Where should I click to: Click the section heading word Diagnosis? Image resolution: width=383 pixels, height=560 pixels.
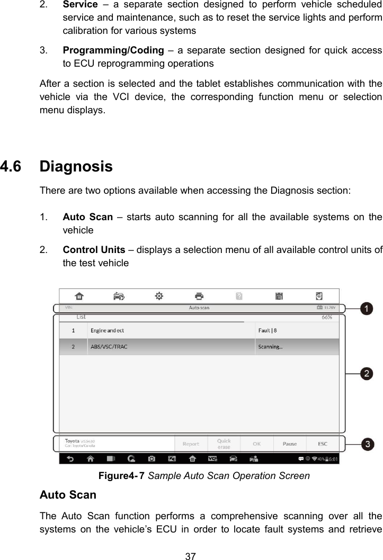point(76,167)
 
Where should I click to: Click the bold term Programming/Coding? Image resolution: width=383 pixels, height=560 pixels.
point(113,51)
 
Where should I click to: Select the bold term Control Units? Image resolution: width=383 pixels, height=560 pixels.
point(94,250)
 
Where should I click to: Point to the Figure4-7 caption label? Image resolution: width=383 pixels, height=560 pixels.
point(122,476)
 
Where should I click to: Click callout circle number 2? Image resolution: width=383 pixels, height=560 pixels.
point(366,374)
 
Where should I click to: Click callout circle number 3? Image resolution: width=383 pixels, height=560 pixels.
point(366,444)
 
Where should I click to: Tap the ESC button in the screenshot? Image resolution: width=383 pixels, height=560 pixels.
point(322,444)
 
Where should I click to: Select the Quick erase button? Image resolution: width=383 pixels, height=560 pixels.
point(224,444)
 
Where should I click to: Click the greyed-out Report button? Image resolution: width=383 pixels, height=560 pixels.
point(191,444)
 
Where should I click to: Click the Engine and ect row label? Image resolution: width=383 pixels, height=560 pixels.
point(107,331)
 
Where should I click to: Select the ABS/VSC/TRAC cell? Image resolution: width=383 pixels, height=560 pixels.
point(109,347)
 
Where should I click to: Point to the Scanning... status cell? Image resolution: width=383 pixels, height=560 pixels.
point(270,347)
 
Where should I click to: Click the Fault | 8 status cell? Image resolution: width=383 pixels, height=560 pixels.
point(268,331)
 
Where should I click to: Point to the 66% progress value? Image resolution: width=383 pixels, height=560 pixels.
point(327,318)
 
